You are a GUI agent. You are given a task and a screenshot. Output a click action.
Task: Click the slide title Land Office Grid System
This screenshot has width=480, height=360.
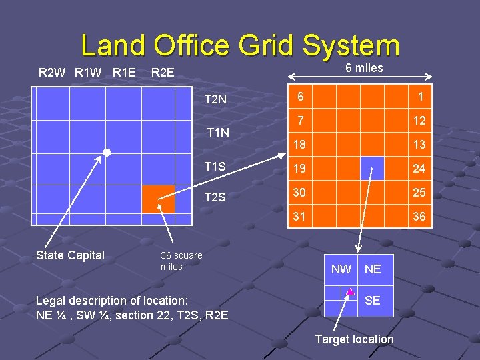tap(240, 46)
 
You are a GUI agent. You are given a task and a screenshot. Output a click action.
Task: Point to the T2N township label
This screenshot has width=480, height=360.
tap(215, 100)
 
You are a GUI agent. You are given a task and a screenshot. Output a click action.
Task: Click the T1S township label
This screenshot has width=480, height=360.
tap(215, 166)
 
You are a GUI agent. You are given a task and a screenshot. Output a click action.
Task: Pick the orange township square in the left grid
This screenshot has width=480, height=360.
tap(158, 199)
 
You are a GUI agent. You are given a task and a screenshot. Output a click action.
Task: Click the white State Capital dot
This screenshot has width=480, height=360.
tap(106, 153)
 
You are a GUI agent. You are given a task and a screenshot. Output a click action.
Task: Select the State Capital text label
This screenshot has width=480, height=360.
tap(70, 255)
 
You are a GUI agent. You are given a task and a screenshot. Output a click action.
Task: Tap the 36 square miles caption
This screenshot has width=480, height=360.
tap(181, 261)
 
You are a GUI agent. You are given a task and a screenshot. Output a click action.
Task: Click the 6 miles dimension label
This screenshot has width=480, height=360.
tap(364, 68)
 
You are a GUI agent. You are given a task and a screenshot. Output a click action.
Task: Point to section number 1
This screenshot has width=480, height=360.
tap(420, 97)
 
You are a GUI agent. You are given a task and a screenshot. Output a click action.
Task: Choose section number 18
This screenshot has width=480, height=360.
tap(301, 145)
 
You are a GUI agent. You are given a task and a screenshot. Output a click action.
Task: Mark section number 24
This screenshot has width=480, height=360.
tap(419, 169)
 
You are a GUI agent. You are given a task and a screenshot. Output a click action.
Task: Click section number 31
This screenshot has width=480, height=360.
tap(301, 217)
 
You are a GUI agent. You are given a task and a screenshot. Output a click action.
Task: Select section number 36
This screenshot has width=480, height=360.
tap(419, 217)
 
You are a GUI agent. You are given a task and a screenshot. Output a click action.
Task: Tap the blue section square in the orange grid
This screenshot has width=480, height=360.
tap(372, 169)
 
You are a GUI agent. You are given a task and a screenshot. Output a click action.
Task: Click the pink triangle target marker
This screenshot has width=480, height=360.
tap(350, 291)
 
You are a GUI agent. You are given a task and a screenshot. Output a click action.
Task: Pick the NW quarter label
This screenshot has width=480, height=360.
tap(341, 269)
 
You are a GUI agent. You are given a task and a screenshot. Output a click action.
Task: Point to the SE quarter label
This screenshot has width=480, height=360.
tap(373, 301)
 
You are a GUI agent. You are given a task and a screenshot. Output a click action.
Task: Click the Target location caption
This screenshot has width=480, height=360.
tap(354, 339)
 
